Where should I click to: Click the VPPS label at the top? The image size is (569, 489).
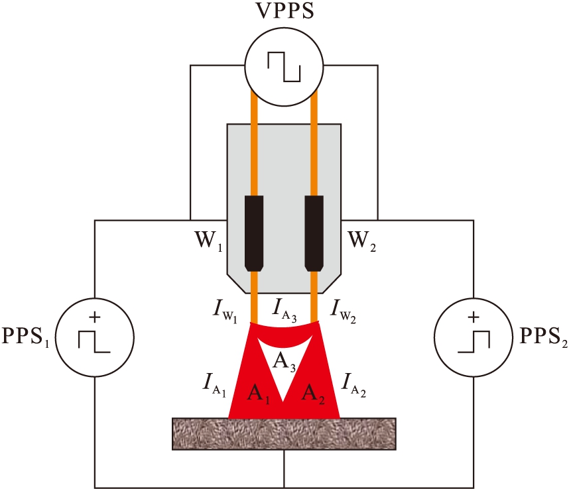click(x=283, y=13)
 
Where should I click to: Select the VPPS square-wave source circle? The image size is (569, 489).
click(x=284, y=66)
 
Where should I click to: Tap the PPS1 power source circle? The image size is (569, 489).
click(x=94, y=338)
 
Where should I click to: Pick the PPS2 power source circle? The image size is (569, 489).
click(x=473, y=338)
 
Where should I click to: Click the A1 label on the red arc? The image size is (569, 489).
click(x=259, y=392)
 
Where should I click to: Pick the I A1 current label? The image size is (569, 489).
click(x=214, y=383)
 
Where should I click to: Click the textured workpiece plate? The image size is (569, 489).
click(x=284, y=435)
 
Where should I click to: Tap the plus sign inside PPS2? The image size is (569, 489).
click(x=473, y=318)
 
